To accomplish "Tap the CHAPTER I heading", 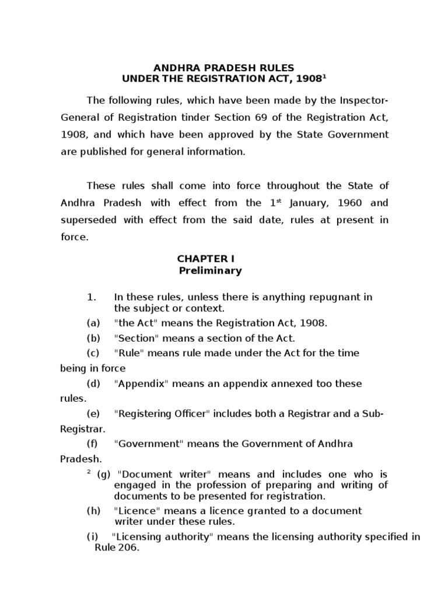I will (208, 258).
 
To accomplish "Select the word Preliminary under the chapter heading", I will (210, 271).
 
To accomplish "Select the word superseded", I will (85, 221).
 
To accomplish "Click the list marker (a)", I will (93, 322).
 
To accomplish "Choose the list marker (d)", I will (93, 383).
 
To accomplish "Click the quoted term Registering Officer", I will (162, 413).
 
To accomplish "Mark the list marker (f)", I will (93, 444).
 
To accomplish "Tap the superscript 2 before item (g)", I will (89, 472).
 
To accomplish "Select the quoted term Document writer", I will (152, 474).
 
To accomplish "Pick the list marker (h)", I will (93, 511).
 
